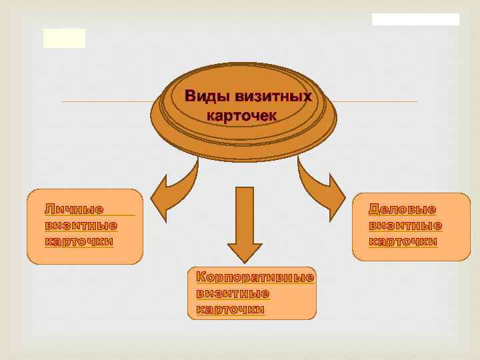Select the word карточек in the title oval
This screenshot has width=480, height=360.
tap(241, 115)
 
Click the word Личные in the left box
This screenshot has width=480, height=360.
tap(74, 209)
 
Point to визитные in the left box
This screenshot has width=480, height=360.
tap(81, 225)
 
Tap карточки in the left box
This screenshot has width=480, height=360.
tap(79, 241)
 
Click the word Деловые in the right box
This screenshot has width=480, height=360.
tap(403, 209)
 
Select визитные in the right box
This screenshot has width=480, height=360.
tap(405, 225)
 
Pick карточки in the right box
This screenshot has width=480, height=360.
tap(403, 241)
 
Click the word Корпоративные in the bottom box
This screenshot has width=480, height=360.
tap(255, 277)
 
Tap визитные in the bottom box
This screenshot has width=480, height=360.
tap(233, 293)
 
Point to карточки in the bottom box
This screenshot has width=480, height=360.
tap(231, 309)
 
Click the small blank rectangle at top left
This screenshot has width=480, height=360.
tap(65, 38)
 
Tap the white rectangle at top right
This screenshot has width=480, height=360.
tap(415, 19)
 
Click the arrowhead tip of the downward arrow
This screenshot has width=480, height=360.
tap(245, 261)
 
